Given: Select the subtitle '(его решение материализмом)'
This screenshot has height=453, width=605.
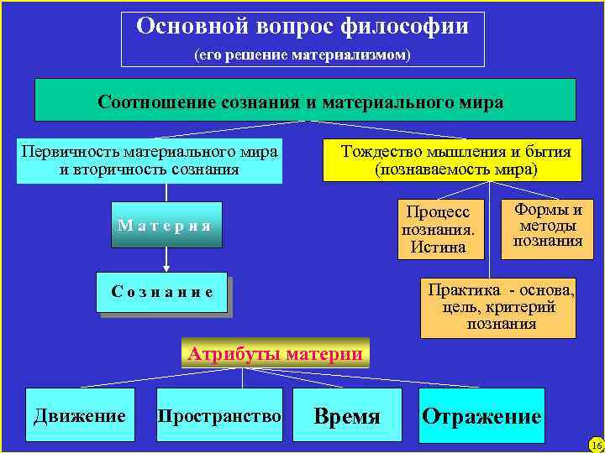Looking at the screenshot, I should pos(302,55).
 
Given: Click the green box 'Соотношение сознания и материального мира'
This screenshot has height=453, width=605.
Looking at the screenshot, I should pos(304,101).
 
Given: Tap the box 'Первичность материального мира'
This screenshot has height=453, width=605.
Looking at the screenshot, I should pos(150,160).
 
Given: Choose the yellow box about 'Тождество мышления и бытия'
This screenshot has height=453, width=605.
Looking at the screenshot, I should pos(452,160).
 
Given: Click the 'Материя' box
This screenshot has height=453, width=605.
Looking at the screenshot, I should pos(166,225).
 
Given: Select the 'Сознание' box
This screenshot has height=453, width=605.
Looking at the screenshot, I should pos(162,293).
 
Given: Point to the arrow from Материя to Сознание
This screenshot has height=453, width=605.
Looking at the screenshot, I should pos(166,260).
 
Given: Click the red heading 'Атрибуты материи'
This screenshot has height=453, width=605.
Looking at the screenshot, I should pos(275,353).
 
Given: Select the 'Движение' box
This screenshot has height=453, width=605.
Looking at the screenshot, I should pos(80,415).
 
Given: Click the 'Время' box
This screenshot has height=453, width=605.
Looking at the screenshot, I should pos(346,416).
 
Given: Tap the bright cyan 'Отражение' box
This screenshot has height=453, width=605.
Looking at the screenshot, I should pos(481,416).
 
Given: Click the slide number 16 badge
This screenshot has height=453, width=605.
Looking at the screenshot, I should pos(596,444).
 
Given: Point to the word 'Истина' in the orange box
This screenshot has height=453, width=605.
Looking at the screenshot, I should pos(434,247).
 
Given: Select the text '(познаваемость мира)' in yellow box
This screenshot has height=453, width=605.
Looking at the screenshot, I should pos(452,169).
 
